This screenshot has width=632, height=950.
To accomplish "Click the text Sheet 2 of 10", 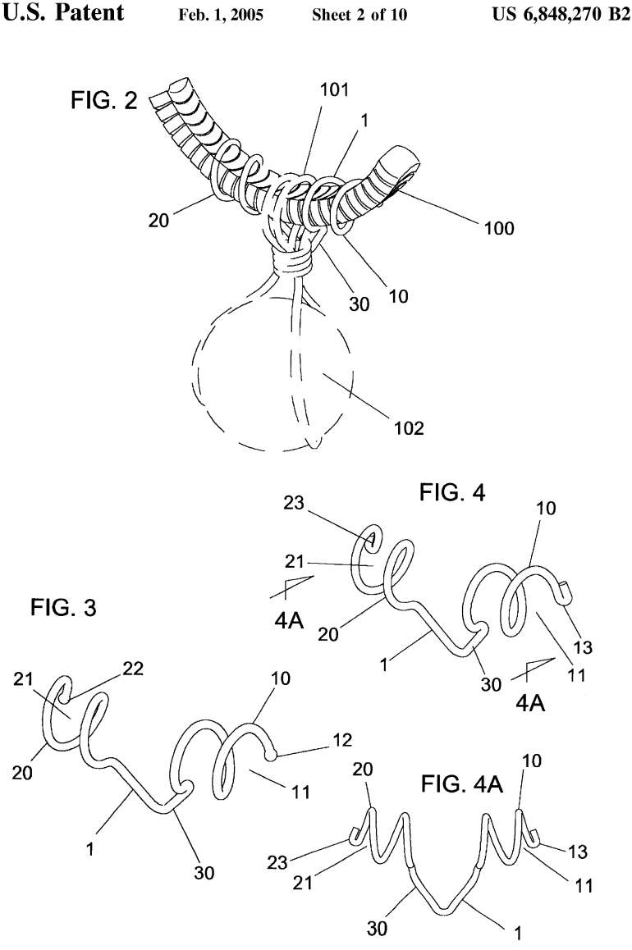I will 359,15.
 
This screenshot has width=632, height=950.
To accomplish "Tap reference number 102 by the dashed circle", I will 408,427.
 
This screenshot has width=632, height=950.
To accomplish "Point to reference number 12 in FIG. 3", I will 343,740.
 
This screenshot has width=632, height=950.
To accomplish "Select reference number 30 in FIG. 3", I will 204,872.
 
